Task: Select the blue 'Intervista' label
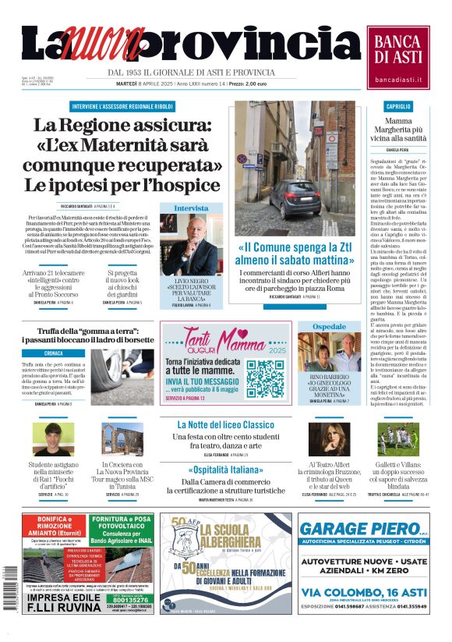[x=191, y=208]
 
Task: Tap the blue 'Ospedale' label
[x=329, y=326]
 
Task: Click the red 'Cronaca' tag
[x=54, y=353]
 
